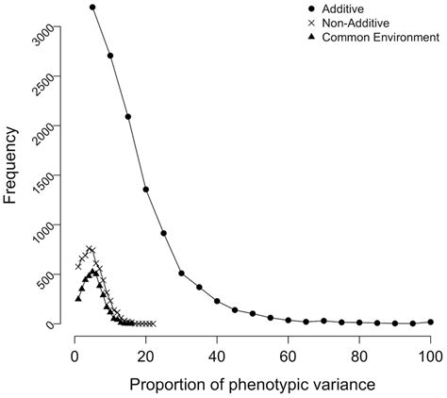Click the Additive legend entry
pyautogui.click(x=342, y=8)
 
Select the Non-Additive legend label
pyautogui.click(x=356, y=23)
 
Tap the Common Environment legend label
pyautogui.click(x=381, y=38)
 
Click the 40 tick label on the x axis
pyautogui.click(x=217, y=357)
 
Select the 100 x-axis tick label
pyautogui.click(x=431, y=357)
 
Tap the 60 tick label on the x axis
pyautogui.click(x=288, y=357)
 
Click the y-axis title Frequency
pyautogui.click(x=9, y=165)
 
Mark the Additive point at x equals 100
pyautogui.click(x=431, y=322)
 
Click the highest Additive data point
pyautogui.click(x=92, y=7)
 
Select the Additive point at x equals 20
pyautogui.click(x=146, y=190)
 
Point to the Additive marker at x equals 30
pyautogui.click(x=181, y=274)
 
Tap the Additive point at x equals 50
pyautogui.click(x=253, y=313)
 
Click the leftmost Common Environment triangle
pyautogui.click(x=78, y=299)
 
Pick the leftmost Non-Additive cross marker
pyautogui.click(x=78, y=267)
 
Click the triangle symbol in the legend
pyautogui.click(x=311, y=37)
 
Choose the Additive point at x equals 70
pyautogui.click(x=323, y=321)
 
